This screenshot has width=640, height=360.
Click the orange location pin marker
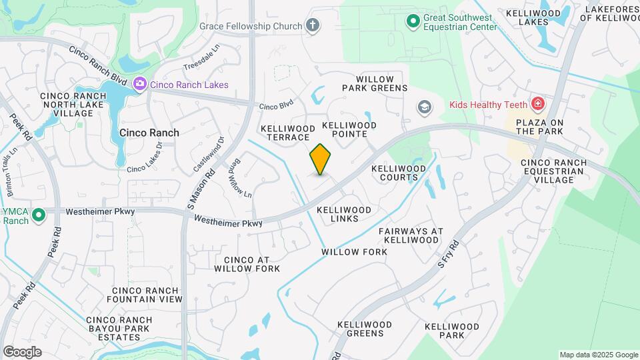click(x=321, y=159)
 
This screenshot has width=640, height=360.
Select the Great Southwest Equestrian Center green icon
click(x=413, y=21)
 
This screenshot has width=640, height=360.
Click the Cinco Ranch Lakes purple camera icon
click(x=140, y=84)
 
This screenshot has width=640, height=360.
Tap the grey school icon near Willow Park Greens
click(x=423, y=107)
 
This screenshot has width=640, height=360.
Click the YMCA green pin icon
click(x=38, y=215)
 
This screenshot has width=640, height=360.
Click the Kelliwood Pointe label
click(x=349, y=129)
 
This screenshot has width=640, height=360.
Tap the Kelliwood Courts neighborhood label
click(x=399, y=173)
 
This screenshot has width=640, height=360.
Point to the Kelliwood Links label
click(x=343, y=214)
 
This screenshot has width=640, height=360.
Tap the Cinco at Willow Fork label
click(x=247, y=264)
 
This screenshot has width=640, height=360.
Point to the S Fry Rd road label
click(x=449, y=253)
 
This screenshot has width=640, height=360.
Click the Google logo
click(x=22, y=352)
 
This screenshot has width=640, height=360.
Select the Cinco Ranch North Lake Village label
click(x=73, y=105)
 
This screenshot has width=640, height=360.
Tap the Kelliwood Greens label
click(x=365, y=329)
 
